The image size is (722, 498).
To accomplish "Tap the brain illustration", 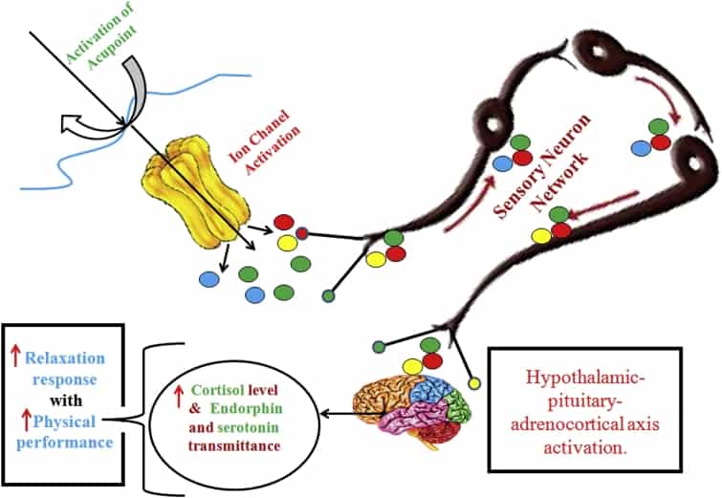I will click(420, 405).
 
